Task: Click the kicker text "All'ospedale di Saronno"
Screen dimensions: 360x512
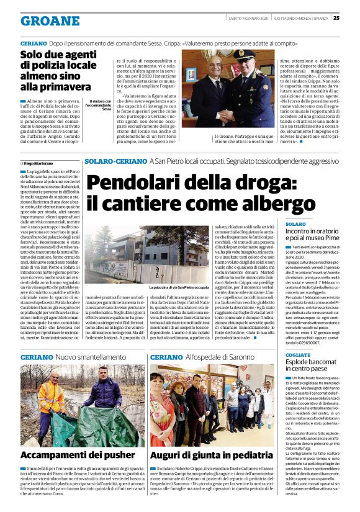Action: coord(215,358)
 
